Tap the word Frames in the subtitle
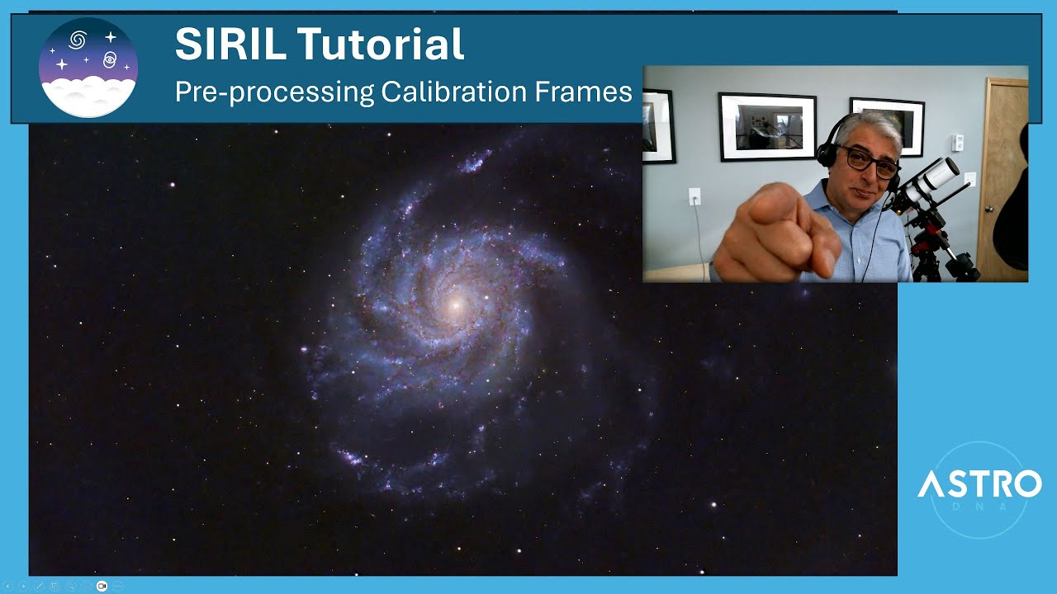point(591,92)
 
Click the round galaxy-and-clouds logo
point(88,67)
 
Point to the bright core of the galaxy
point(453,305)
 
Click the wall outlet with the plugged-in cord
point(694,196)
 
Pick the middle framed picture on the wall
point(767,126)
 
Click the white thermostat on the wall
point(957,142)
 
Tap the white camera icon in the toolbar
point(102,586)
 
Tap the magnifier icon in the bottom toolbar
point(69,586)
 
